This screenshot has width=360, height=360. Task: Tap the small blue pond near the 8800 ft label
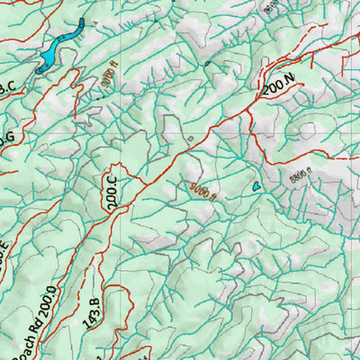click(x=256, y=185)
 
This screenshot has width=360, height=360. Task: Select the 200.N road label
click(x=280, y=87)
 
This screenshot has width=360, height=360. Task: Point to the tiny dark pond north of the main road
click(x=207, y=63)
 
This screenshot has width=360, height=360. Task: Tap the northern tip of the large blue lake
click(x=83, y=22)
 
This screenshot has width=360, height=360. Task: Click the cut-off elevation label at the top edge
click(x=268, y=6)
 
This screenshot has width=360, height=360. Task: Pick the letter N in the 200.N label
click(x=290, y=85)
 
